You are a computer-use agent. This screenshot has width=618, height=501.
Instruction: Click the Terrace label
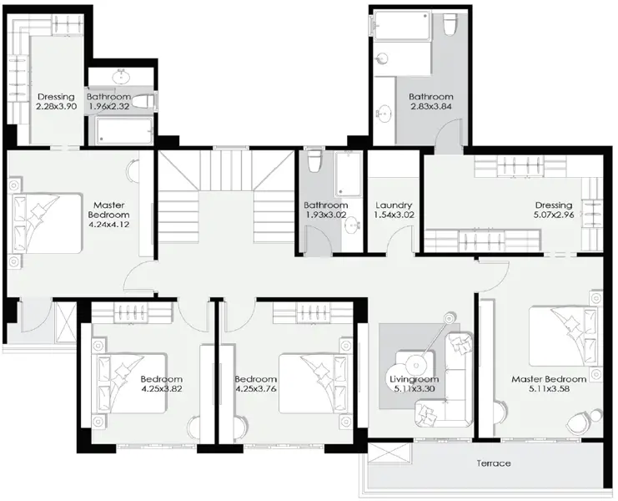(495, 463)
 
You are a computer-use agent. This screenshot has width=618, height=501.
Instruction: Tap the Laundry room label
(394, 205)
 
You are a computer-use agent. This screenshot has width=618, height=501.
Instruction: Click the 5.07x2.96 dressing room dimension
(554, 215)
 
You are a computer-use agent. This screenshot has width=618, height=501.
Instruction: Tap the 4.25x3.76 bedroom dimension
(256, 387)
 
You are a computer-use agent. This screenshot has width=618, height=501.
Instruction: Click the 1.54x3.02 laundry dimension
(394, 215)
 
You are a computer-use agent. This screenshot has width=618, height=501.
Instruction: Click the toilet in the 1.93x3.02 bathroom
(314, 159)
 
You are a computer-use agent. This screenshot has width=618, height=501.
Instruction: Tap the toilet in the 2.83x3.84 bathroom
(450, 26)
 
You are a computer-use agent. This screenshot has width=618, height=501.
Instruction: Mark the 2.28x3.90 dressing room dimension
(57, 107)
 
